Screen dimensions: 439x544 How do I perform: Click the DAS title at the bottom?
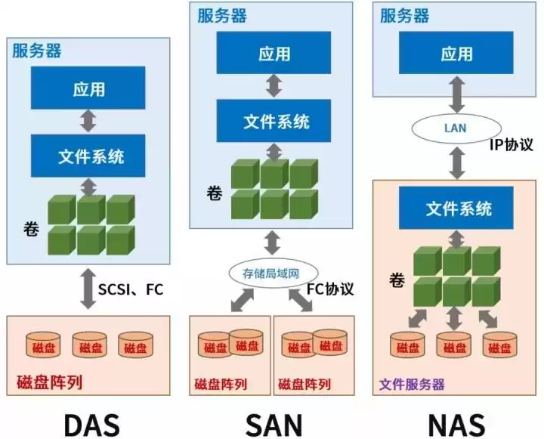pos(91,424)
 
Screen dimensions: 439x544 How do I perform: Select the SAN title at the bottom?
pos(274,424)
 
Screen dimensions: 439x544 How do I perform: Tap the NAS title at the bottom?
pos(456,424)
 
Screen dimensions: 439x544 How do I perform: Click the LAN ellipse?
pos(455,128)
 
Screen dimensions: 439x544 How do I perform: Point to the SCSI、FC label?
pos(131,289)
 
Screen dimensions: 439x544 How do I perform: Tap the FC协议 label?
pos(330,289)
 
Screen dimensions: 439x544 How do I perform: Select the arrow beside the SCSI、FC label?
pos(88,289)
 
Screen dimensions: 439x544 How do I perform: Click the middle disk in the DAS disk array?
pos(90,346)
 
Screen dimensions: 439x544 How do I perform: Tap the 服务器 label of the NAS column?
pos(405,15)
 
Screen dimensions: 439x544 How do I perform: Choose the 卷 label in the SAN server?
pos(214,193)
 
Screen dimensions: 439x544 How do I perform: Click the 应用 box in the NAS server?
pos(456,54)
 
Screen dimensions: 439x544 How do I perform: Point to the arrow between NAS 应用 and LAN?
pos(456,97)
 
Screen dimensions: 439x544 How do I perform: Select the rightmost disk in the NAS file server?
pos(499,346)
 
